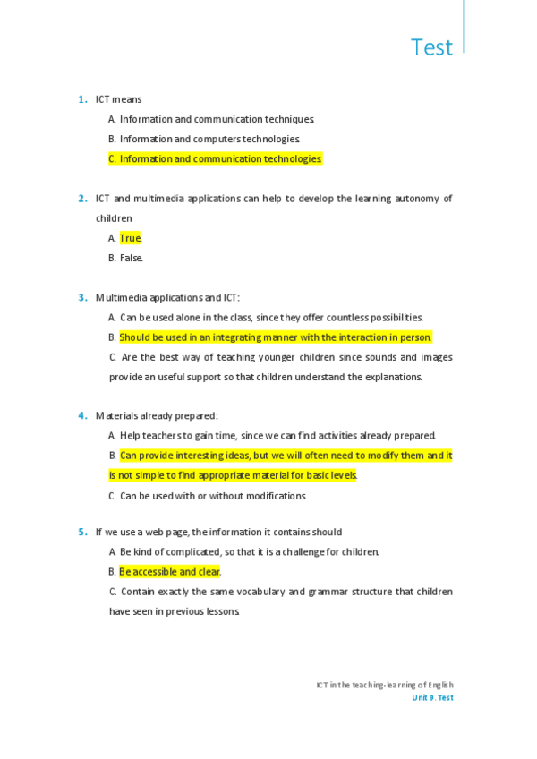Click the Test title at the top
431,47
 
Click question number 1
81,99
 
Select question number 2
81,198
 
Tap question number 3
81,297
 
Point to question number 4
81,415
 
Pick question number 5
81,532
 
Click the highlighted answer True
131,238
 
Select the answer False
131,258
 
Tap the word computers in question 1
222,139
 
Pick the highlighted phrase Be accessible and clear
170,571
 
